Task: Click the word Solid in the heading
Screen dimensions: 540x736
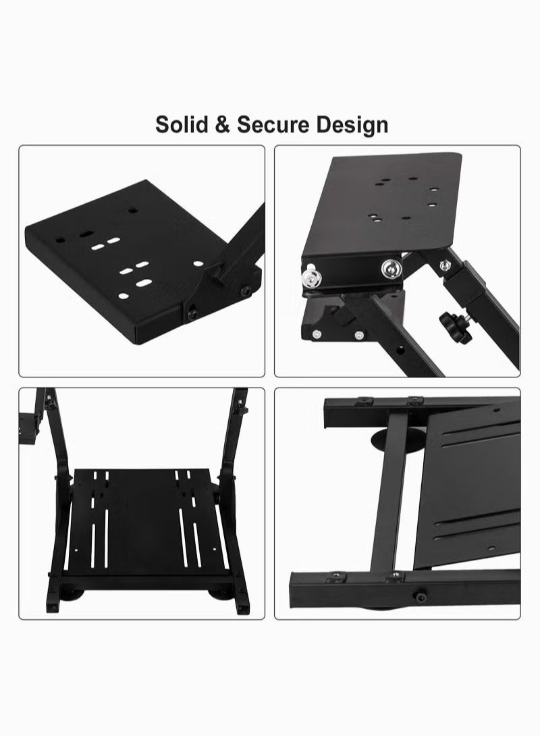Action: coord(182,125)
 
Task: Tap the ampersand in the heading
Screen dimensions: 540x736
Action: coord(222,125)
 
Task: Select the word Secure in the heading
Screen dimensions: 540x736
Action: coord(273,125)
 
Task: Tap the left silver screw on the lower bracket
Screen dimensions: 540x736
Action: coord(317,334)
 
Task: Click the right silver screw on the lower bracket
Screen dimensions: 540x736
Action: coord(359,335)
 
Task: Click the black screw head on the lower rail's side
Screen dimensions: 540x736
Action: coord(418,597)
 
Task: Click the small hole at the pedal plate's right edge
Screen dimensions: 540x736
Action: coord(215,548)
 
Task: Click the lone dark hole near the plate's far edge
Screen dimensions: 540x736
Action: coord(133,210)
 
